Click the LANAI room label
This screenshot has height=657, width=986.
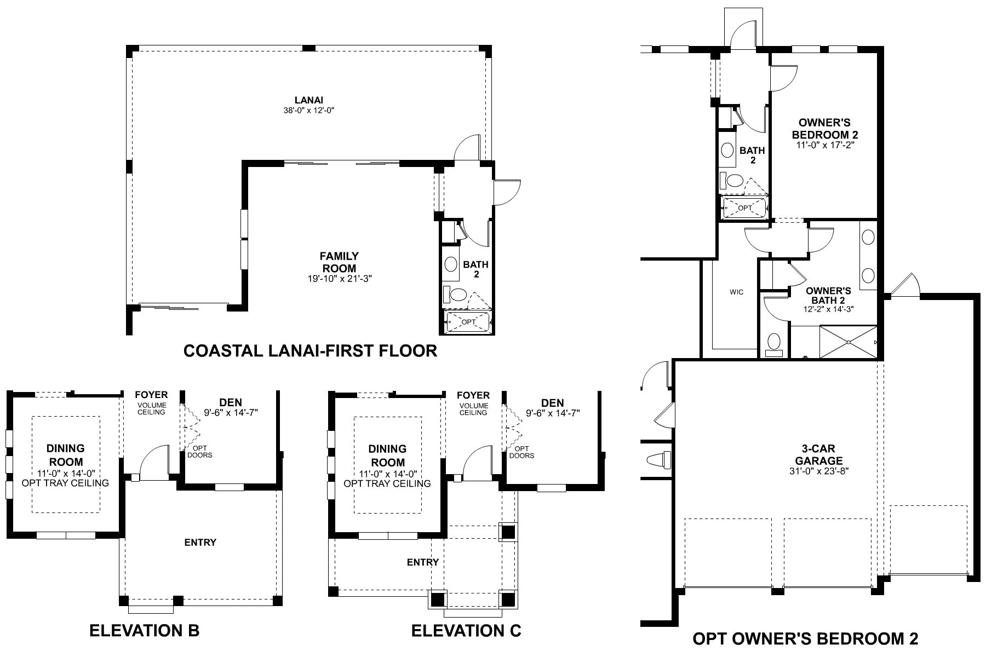click(x=308, y=100)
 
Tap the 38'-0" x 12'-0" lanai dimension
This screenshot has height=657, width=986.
click(x=308, y=110)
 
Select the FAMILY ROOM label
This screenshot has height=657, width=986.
click(x=339, y=262)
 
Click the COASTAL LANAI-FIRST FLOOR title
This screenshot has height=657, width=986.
click(x=310, y=350)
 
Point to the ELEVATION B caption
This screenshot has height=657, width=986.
click(x=144, y=631)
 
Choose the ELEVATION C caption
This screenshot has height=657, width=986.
click(x=466, y=631)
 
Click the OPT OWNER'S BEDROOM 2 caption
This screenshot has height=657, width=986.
click(x=805, y=638)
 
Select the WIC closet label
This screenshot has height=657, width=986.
click(x=736, y=292)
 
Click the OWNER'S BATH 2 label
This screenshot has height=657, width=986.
click(x=828, y=295)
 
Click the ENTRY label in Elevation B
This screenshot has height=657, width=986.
click(x=200, y=543)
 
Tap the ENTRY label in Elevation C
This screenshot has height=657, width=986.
click(x=422, y=562)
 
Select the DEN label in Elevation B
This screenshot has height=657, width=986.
click(x=230, y=402)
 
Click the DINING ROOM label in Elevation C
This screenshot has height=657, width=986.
click(x=387, y=456)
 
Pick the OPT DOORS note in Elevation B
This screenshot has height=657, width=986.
click(x=199, y=452)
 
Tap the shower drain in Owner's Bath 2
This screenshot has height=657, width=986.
click(x=848, y=343)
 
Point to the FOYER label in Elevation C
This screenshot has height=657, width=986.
click(x=473, y=395)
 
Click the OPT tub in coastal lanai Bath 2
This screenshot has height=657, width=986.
click(x=468, y=322)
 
